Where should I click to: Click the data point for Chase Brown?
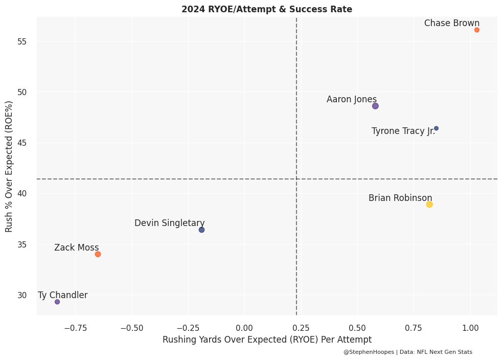477,30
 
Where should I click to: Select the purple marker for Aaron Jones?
375,106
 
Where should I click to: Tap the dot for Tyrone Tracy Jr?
436,128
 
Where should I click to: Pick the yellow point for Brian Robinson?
429,205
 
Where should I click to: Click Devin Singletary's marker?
201,230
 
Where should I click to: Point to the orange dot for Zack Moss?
98,254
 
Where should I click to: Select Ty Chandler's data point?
57,302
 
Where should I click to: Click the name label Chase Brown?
452,23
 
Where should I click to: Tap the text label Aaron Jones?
352,99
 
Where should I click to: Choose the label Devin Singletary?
170,223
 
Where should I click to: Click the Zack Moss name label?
77,247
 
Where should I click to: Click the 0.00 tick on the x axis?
245,327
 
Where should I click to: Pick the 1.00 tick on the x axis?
470,327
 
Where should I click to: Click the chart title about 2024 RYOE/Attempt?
267,9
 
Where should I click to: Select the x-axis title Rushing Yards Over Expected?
267,340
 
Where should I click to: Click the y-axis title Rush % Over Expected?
9,167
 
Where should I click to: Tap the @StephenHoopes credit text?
408,352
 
